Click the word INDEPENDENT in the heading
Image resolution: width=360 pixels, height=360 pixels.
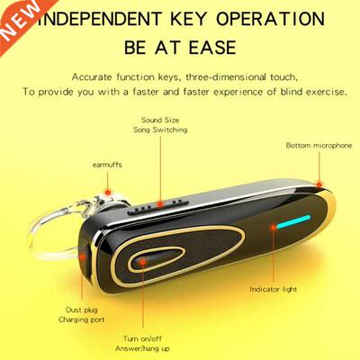(100, 19)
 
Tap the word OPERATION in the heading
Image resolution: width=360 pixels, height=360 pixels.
(271, 19)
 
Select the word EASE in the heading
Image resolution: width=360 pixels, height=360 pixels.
(212, 48)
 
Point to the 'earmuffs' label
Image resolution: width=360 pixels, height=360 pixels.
(107, 165)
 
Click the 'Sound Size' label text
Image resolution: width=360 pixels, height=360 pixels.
(160, 120)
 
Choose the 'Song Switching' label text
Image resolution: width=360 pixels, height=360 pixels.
(160, 130)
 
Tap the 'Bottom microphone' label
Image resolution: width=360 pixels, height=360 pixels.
(319, 146)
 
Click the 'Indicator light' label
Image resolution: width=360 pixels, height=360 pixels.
(274, 289)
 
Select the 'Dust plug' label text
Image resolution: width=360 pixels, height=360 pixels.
(82, 310)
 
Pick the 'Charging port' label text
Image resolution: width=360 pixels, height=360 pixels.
(82, 319)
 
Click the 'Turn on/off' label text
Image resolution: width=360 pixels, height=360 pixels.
(142, 338)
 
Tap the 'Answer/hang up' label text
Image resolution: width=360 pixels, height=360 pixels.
(142, 348)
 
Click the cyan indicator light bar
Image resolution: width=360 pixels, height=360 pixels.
(293, 221)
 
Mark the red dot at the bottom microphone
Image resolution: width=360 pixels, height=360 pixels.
(319, 184)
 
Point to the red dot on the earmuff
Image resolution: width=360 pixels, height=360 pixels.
(107, 192)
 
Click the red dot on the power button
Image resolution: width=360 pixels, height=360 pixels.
(143, 262)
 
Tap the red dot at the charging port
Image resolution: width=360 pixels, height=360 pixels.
(82, 256)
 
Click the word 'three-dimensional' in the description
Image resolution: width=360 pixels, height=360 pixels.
(226, 77)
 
